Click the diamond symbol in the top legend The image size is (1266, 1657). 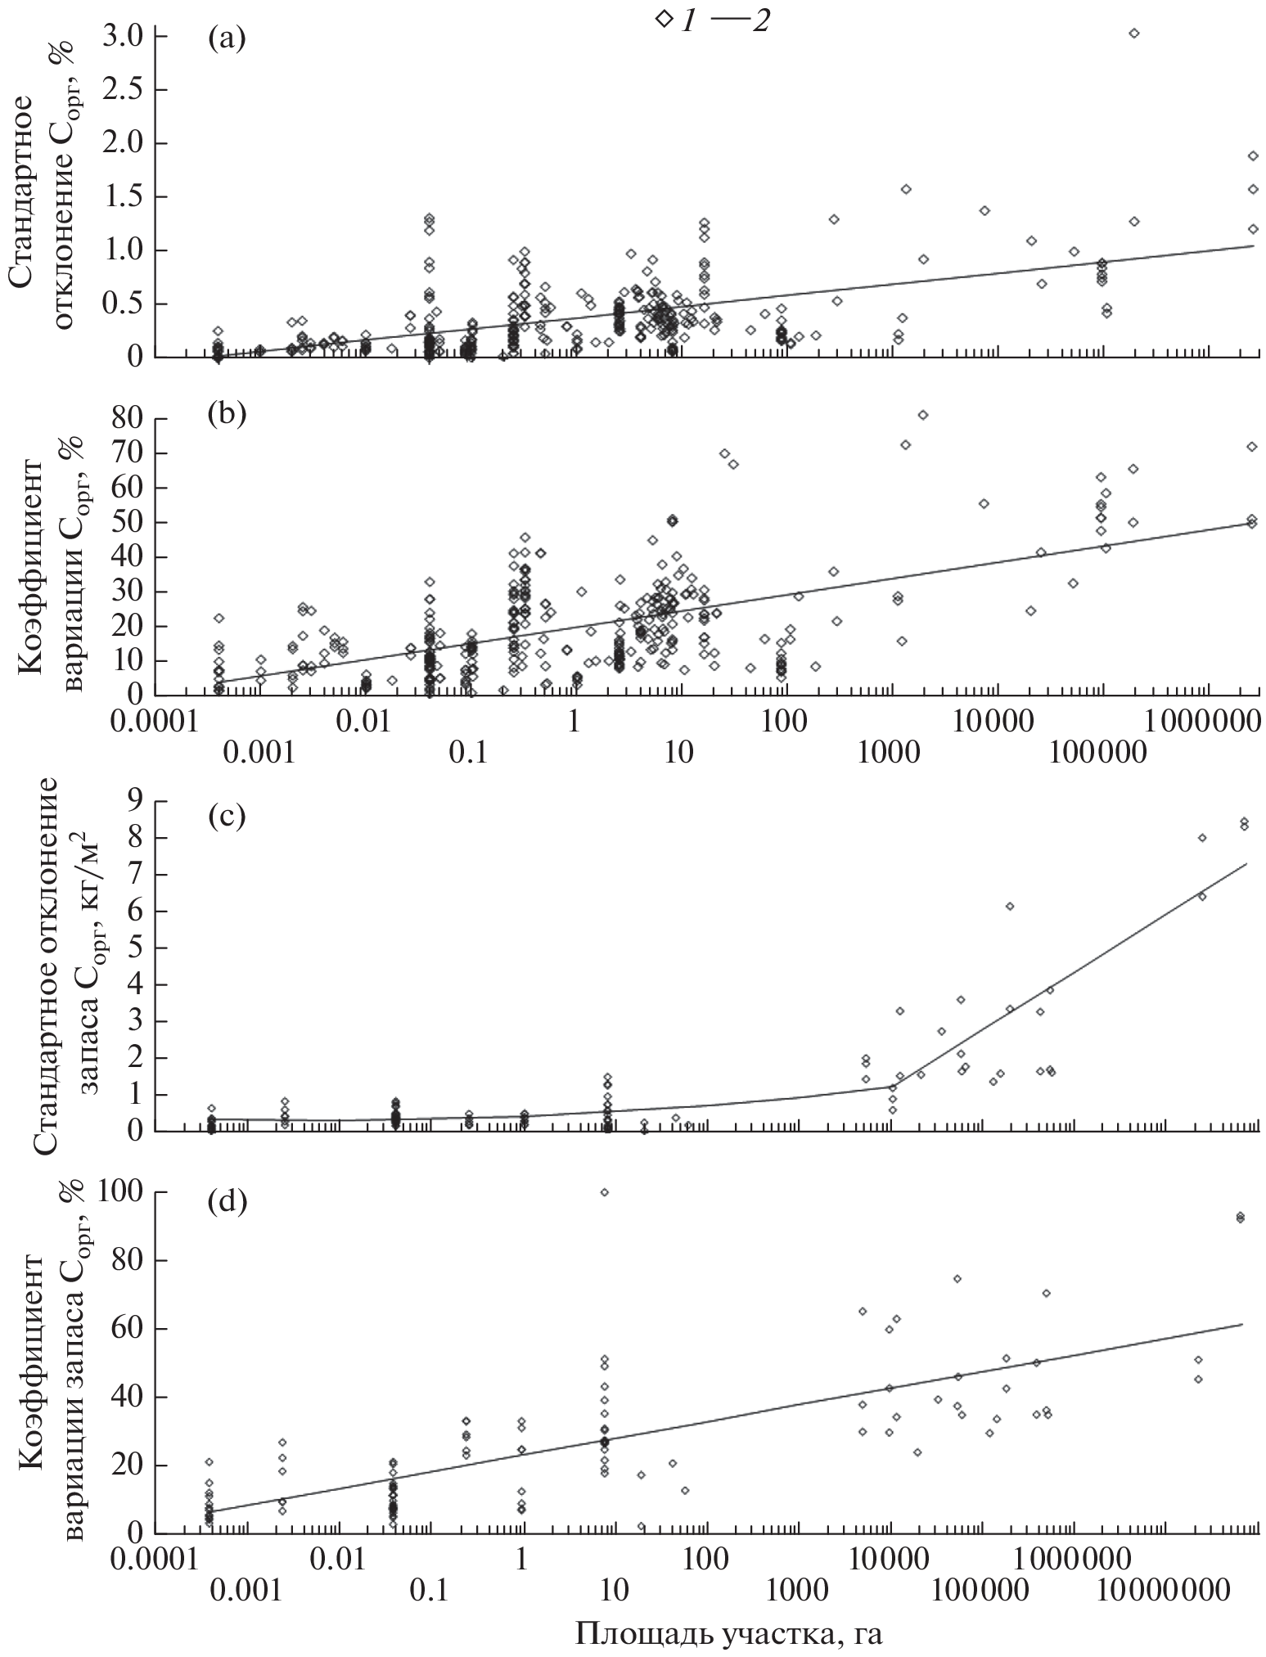(x=662, y=20)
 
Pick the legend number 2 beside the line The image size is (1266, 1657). (x=760, y=21)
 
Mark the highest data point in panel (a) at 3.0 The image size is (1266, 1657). (x=1133, y=34)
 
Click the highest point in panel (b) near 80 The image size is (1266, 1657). (x=922, y=415)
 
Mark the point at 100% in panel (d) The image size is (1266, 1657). (x=604, y=1192)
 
